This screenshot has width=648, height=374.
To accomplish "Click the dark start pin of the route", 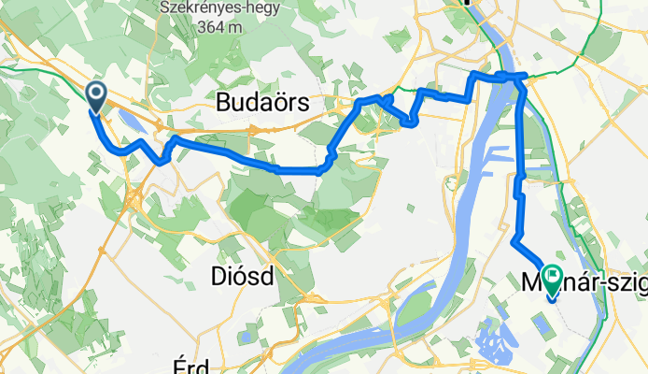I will pyautogui.click(x=95, y=94).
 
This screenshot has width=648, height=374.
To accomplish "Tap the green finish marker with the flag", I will pyautogui.click(x=552, y=279).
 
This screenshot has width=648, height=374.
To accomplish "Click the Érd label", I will pyautogui.click(x=191, y=364).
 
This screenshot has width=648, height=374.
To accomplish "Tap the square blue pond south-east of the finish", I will pyautogui.click(x=541, y=325).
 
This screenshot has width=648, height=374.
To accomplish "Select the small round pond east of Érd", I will pyautogui.click(x=245, y=335).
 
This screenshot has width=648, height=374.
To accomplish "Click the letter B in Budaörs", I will pyautogui.click(x=224, y=103).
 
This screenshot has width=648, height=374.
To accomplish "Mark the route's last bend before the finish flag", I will pyautogui.click(x=515, y=242).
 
